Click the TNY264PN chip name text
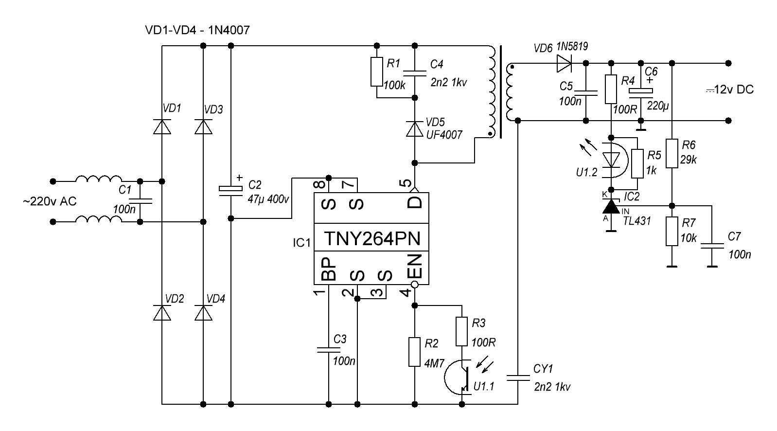click(x=371, y=238)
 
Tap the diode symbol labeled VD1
click(x=162, y=126)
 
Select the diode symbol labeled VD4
click(x=203, y=313)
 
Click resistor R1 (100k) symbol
click(x=376, y=72)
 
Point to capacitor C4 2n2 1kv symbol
click(x=415, y=73)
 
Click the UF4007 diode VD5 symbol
click(x=415, y=129)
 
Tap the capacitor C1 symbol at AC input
click(x=140, y=200)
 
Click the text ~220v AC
click(x=49, y=201)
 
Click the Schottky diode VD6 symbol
click(x=565, y=62)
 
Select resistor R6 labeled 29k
click(x=672, y=153)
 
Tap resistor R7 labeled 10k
click(x=672, y=232)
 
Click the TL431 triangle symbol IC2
click(x=611, y=207)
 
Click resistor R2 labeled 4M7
click(x=415, y=352)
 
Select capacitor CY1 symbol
click(x=518, y=377)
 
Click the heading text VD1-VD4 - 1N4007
click(x=197, y=30)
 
